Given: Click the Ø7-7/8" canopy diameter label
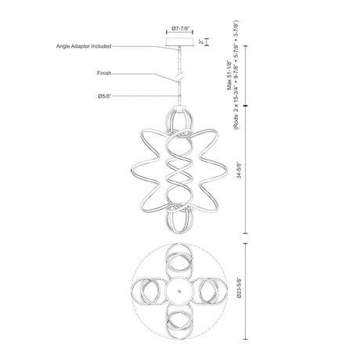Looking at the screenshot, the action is coord(180,28).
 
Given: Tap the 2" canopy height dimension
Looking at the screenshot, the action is coord(200,41).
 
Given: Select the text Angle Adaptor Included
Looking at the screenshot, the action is coord(84,46).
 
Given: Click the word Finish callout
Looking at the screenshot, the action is coord(104,74).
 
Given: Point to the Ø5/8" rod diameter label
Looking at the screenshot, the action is coord(105,96).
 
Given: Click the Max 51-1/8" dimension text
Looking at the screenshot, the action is coord(229,75).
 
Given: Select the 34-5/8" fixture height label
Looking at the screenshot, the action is coord(239,170).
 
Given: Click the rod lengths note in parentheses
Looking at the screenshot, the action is coord(236,74).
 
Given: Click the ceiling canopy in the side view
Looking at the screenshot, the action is coord(180,41).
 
